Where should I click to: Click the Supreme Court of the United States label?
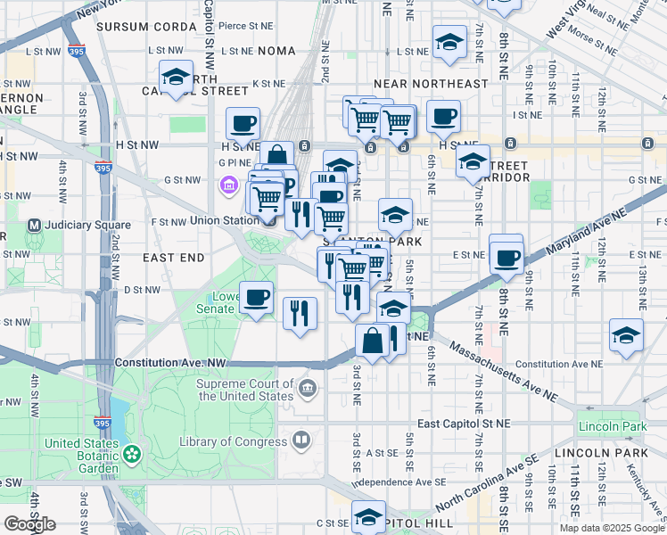(x=245, y=390)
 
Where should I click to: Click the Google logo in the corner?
(x=29, y=524)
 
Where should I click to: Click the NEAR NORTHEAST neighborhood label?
(x=431, y=84)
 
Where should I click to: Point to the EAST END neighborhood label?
(x=174, y=257)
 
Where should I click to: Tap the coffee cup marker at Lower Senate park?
(x=257, y=296)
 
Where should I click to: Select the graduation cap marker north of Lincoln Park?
(x=626, y=335)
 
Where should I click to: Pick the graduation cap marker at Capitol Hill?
(x=368, y=517)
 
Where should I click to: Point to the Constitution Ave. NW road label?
(x=171, y=364)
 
